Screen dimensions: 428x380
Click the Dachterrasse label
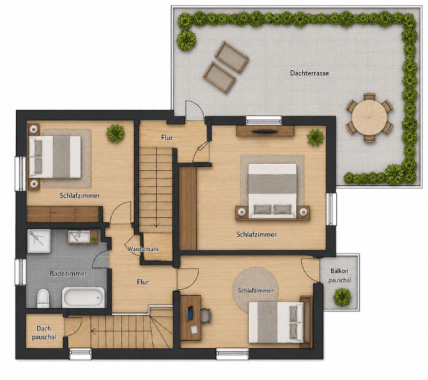pyautogui.click(x=309, y=73)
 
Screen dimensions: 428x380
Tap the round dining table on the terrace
pyautogui.click(x=369, y=117)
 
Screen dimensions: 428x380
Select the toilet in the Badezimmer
pyautogui.click(x=43, y=298)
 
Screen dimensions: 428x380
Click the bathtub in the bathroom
pyautogui.click(x=83, y=298)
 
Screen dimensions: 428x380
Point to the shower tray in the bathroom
pyautogui.click(x=39, y=241)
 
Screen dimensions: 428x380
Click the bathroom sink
pyautogui.click(x=79, y=236)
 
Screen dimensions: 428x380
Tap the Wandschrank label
pyautogui.click(x=143, y=249)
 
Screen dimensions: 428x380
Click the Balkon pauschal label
pyautogui.click(x=339, y=276)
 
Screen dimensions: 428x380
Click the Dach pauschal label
pyautogui.click(x=44, y=333)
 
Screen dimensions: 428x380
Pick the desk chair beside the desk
pyautogui.click(x=206, y=316)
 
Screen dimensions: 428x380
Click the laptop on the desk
pyautogui.click(x=190, y=313)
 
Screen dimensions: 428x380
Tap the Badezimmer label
pyautogui.click(x=68, y=273)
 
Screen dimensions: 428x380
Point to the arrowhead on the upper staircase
pyautogui.click(x=156, y=225)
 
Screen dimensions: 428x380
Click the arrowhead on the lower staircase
pyautogui.click(x=93, y=331)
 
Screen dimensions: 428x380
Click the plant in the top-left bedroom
pyautogui.click(x=116, y=133)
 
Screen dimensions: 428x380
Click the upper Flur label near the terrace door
pyautogui.click(x=167, y=138)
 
